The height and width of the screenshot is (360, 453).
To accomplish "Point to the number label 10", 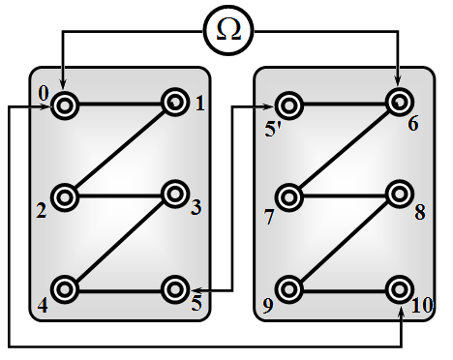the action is coord(422,305).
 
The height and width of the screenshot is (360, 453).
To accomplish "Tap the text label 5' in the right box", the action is coord(273,130).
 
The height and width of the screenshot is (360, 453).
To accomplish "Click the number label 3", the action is coord(196,207).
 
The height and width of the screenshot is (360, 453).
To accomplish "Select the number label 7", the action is coord(269,217).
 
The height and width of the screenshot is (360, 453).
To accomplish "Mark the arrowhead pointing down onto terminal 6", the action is coord(398,80).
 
